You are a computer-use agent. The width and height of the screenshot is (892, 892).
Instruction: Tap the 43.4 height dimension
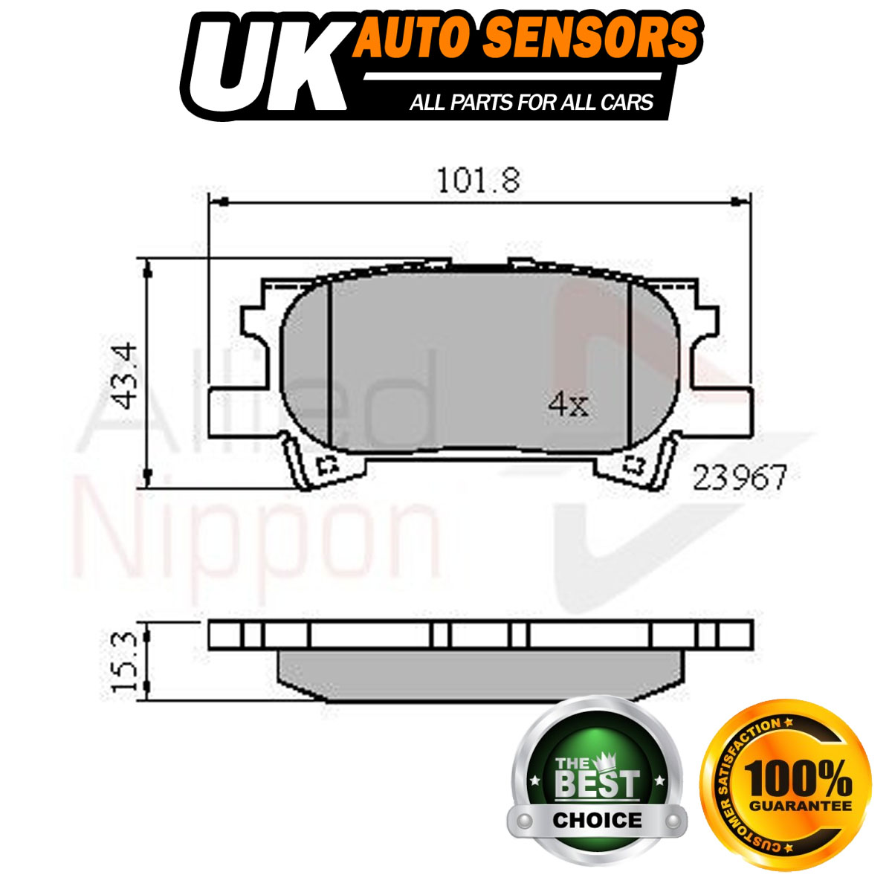coord(125,376)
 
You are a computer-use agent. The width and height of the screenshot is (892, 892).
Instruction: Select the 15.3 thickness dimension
coord(125,662)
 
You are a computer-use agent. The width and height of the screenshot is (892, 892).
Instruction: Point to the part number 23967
coord(739,477)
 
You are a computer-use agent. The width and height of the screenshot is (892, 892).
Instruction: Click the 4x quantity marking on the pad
coord(568,404)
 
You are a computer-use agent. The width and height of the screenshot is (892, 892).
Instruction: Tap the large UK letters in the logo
coord(264,65)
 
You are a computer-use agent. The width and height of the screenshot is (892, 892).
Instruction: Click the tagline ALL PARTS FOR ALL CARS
coord(531,102)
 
